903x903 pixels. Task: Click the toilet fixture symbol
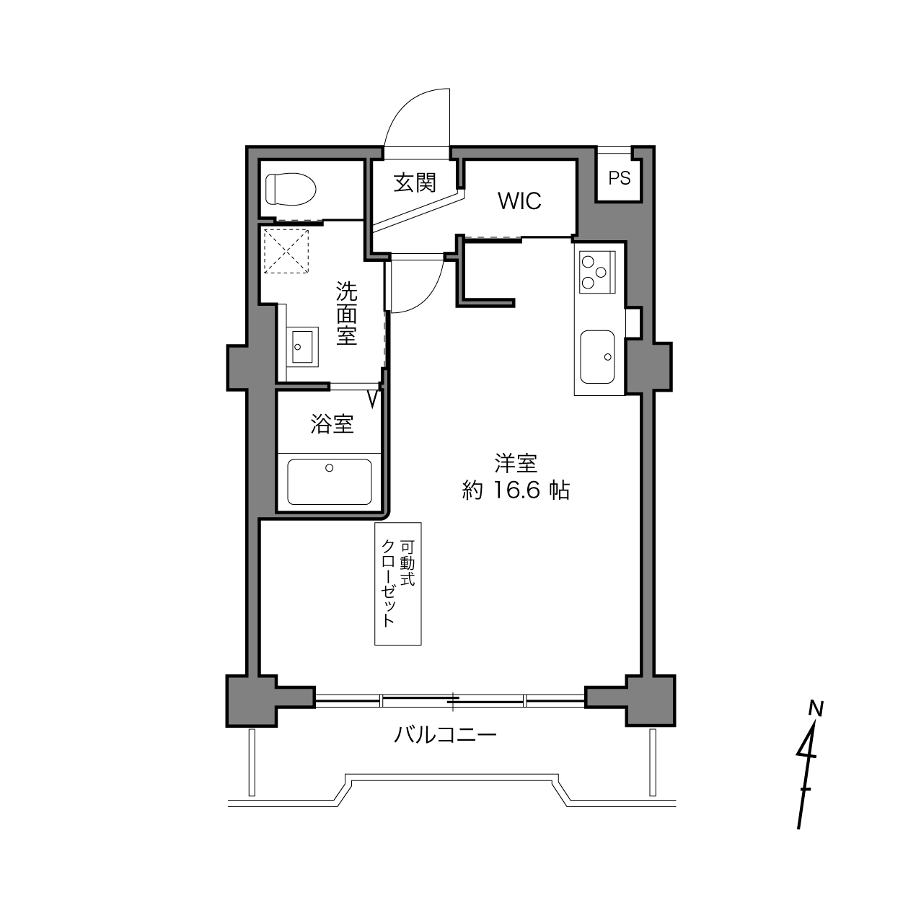(291, 189)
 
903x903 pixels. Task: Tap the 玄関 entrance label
(415, 182)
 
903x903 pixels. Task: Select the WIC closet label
(519, 201)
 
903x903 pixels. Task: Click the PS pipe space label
(619, 178)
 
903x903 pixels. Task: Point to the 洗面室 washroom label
(346, 312)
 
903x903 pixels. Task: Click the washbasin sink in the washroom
(301, 346)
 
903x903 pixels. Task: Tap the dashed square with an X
(286, 251)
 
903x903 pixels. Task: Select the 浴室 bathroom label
(332, 424)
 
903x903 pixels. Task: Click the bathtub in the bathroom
(330, 482)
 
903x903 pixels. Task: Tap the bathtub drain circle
(330, 467)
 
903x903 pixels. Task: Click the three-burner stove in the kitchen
(597, 272)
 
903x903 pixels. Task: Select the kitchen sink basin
(597, 356)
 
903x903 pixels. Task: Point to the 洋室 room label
(516, 463)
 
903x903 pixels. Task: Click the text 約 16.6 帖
(516, 490)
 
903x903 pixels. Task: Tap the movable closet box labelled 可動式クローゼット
(398, 583)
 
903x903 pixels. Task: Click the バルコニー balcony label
(445, 735)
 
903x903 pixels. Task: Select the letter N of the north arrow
(816, 708)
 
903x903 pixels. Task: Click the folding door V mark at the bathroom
(373, 400)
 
